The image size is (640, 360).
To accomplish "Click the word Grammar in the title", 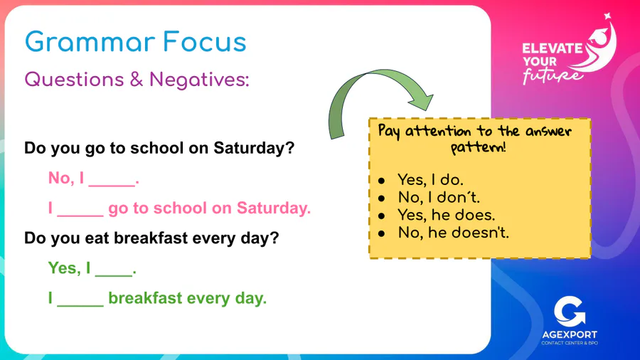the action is (x=90, y=43).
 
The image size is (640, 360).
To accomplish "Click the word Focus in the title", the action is (x=205, y=42).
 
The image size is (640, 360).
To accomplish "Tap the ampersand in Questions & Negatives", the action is (x=137, y=79).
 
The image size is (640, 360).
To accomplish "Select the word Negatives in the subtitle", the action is (x=199, y=79).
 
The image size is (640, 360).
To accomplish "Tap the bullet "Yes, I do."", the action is (x=430, y=179).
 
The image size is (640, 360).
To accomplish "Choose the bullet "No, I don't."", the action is (x=439, y=197).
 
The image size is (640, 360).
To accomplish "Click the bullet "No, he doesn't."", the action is (x=454, y=233).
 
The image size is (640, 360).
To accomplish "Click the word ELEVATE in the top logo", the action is (x=553, y=48).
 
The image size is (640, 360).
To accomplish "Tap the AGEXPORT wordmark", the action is (x=570, y=335).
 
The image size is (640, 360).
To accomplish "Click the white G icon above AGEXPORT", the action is (x=570, y=312).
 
